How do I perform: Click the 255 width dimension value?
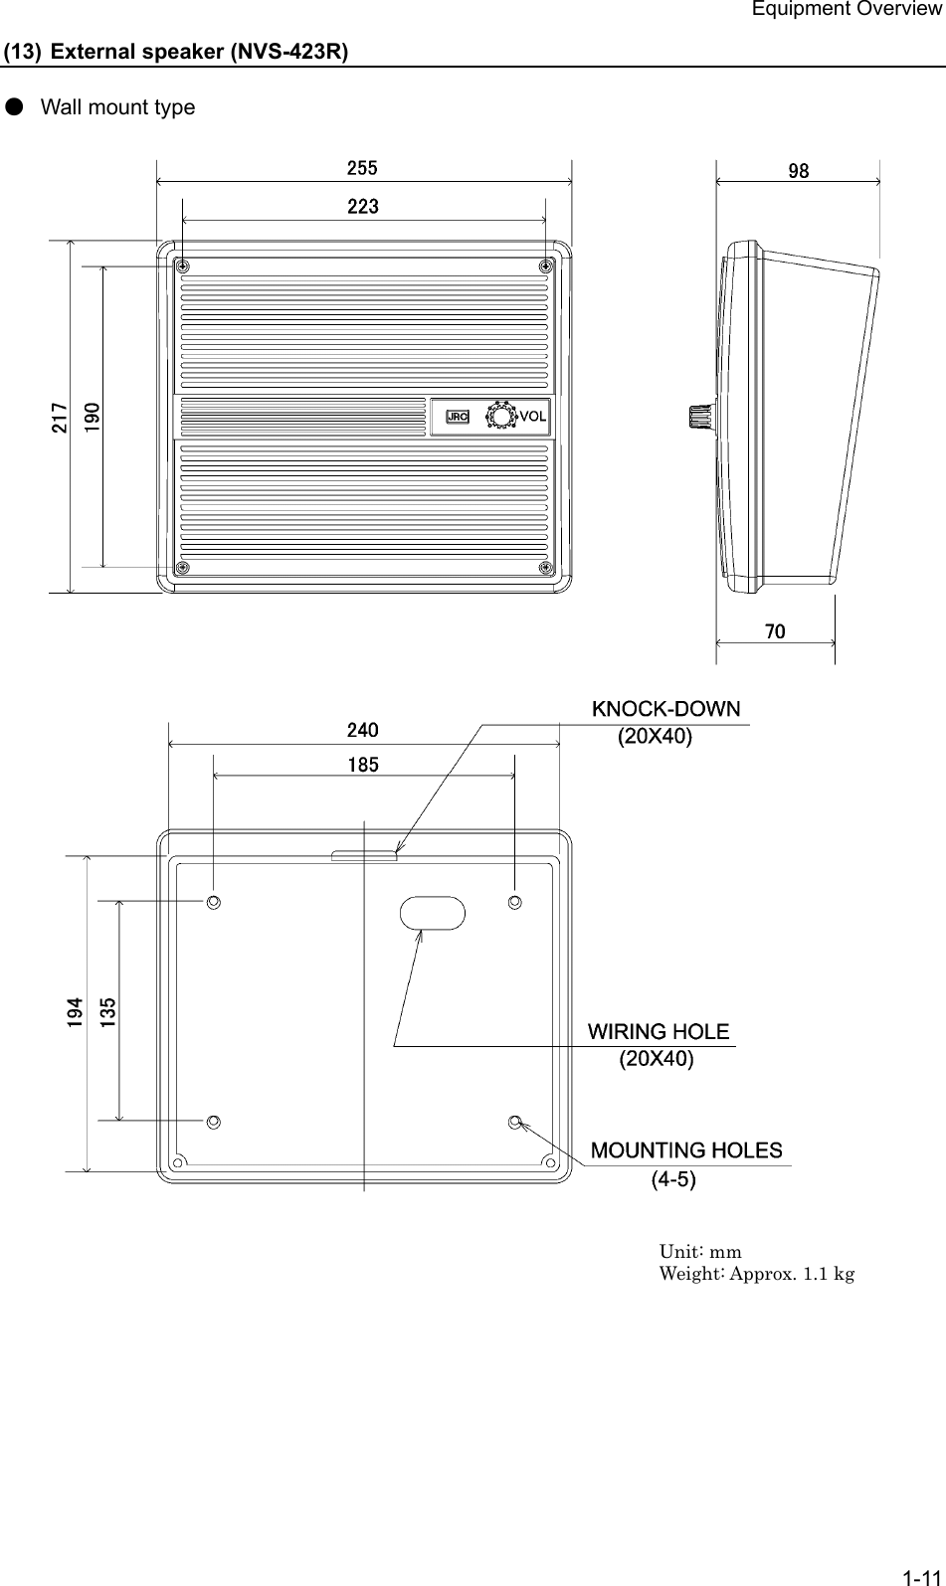click(x=362, y=168)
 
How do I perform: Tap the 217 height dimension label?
click(x=60, y=418)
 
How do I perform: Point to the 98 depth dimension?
click(x=798, y=170)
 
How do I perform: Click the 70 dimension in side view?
click(x=776, y=631)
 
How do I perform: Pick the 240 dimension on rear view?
click(x=362, y=730)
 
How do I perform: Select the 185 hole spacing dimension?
click(x=362, y=765)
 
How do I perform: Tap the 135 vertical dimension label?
click(x=109, y=1011)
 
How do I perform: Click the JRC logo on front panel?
click(x=458, y=417)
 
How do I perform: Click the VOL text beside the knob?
click(x=532, y=417)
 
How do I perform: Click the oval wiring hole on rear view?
click(x=432, y=913)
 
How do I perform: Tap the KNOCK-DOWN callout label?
click(x=666, y=709)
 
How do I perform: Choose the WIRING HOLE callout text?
click(x=659, y=1031)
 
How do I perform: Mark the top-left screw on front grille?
click(x=183, y=265)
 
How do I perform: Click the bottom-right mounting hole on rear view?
click(x=515, y=1122)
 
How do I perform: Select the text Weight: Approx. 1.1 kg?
click(x=757, y=1273)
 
